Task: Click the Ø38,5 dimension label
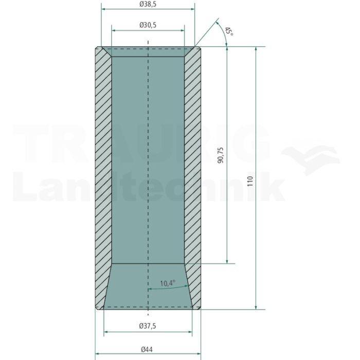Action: [x=148, y=4]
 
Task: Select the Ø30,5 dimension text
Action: [x=148, y=25]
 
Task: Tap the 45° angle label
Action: [x=229, y=31]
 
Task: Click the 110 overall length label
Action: [x=250, y=181]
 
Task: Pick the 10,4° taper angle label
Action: [x=168, y=283]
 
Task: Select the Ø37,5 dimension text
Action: [x=148, y=326]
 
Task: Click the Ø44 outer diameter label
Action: [x=147, y=350]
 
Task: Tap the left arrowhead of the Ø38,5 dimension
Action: [x=103, y=9]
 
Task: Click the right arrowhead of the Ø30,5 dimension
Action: [x=183, y=30]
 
